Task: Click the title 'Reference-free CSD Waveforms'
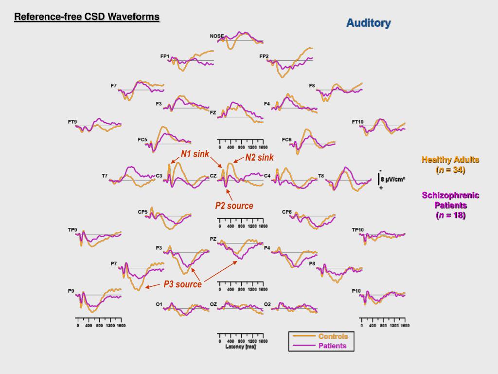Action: coord(87,17)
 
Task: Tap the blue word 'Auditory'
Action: coord(368,23)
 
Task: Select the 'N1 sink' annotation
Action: coord(195,154)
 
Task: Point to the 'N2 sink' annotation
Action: coord(259,157)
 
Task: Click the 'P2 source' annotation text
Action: coord(234,206)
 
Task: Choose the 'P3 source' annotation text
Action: coord(182,284)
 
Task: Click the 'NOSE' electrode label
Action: coord(216,36)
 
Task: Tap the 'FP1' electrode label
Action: coord(165,56)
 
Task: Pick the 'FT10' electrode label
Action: coord(357,122)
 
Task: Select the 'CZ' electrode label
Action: coord(213,176)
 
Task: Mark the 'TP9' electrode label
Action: coord(72,230)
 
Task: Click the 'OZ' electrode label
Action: coord(213,304)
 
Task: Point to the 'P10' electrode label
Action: coord(356,291)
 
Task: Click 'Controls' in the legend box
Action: coord(333,337)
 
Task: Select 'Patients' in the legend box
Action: coord(332,346)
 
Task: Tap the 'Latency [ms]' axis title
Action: coord(240,347)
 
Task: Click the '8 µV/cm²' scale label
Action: coord(392,179)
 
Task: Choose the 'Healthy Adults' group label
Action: coord(450,160)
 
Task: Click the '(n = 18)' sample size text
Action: coord(450,215)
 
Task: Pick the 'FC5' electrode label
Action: coord(142,140)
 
